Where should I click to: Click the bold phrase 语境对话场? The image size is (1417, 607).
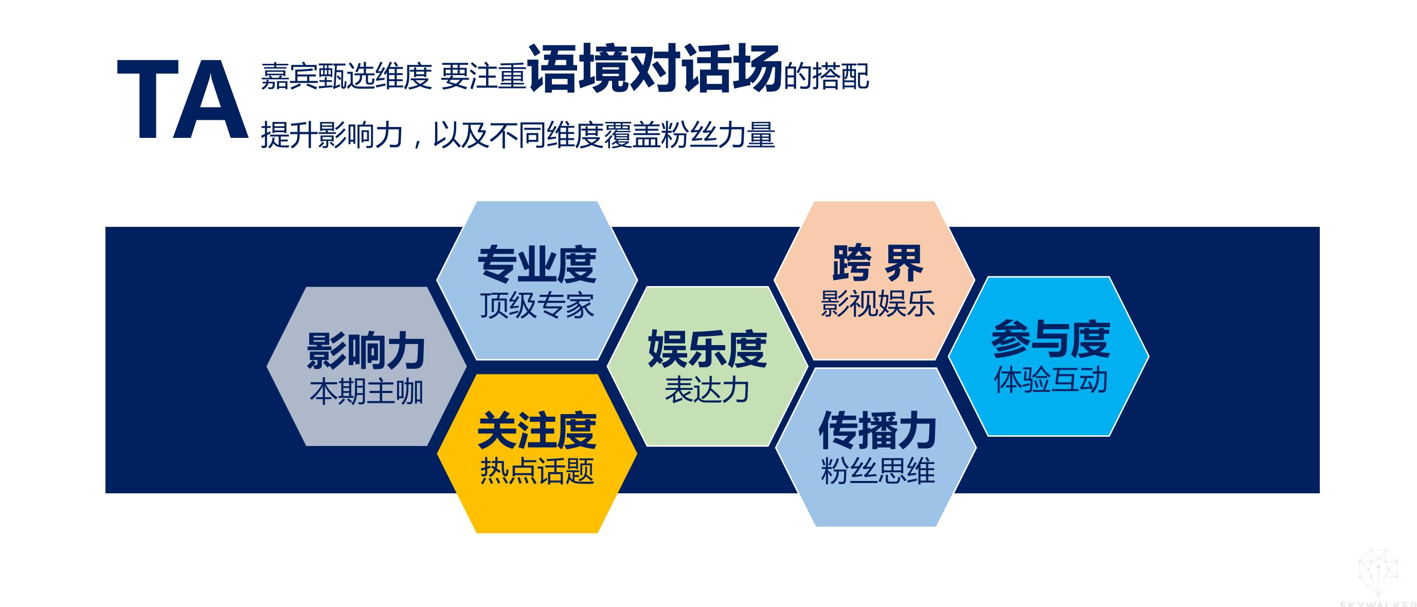[x=655, y=68]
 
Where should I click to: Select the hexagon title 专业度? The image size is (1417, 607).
[x=537, y=264]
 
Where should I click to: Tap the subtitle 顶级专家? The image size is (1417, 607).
[x=537, y=306]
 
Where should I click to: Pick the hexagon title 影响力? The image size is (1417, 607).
[x=366, y=350]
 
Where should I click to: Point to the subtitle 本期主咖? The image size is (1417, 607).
[x=366, y=392]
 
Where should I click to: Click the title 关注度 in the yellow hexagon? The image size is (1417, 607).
[x=537, y=431]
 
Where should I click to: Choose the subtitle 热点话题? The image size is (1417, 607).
[x=537, y=471]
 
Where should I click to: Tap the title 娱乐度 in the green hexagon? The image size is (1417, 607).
[x=707, y=349]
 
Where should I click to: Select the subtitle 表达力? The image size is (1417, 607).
[x=707, y=390]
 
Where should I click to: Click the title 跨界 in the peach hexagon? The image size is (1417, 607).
[x=877, y=263]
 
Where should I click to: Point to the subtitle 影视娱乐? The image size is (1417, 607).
[x=877, y=304]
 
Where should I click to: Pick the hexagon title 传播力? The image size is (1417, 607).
[x=877, y=431]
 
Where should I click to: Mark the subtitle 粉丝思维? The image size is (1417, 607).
[x=877, y=471]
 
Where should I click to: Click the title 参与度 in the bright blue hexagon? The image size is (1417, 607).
[x=1051, y=340]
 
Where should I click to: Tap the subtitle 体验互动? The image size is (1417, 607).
[x=1051, y=380]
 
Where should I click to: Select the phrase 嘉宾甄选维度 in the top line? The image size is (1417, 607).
[x=347, y=77]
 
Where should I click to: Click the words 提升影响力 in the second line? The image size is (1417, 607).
[x=332, y=135]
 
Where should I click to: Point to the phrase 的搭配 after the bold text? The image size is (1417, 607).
[x=826, y=77]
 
